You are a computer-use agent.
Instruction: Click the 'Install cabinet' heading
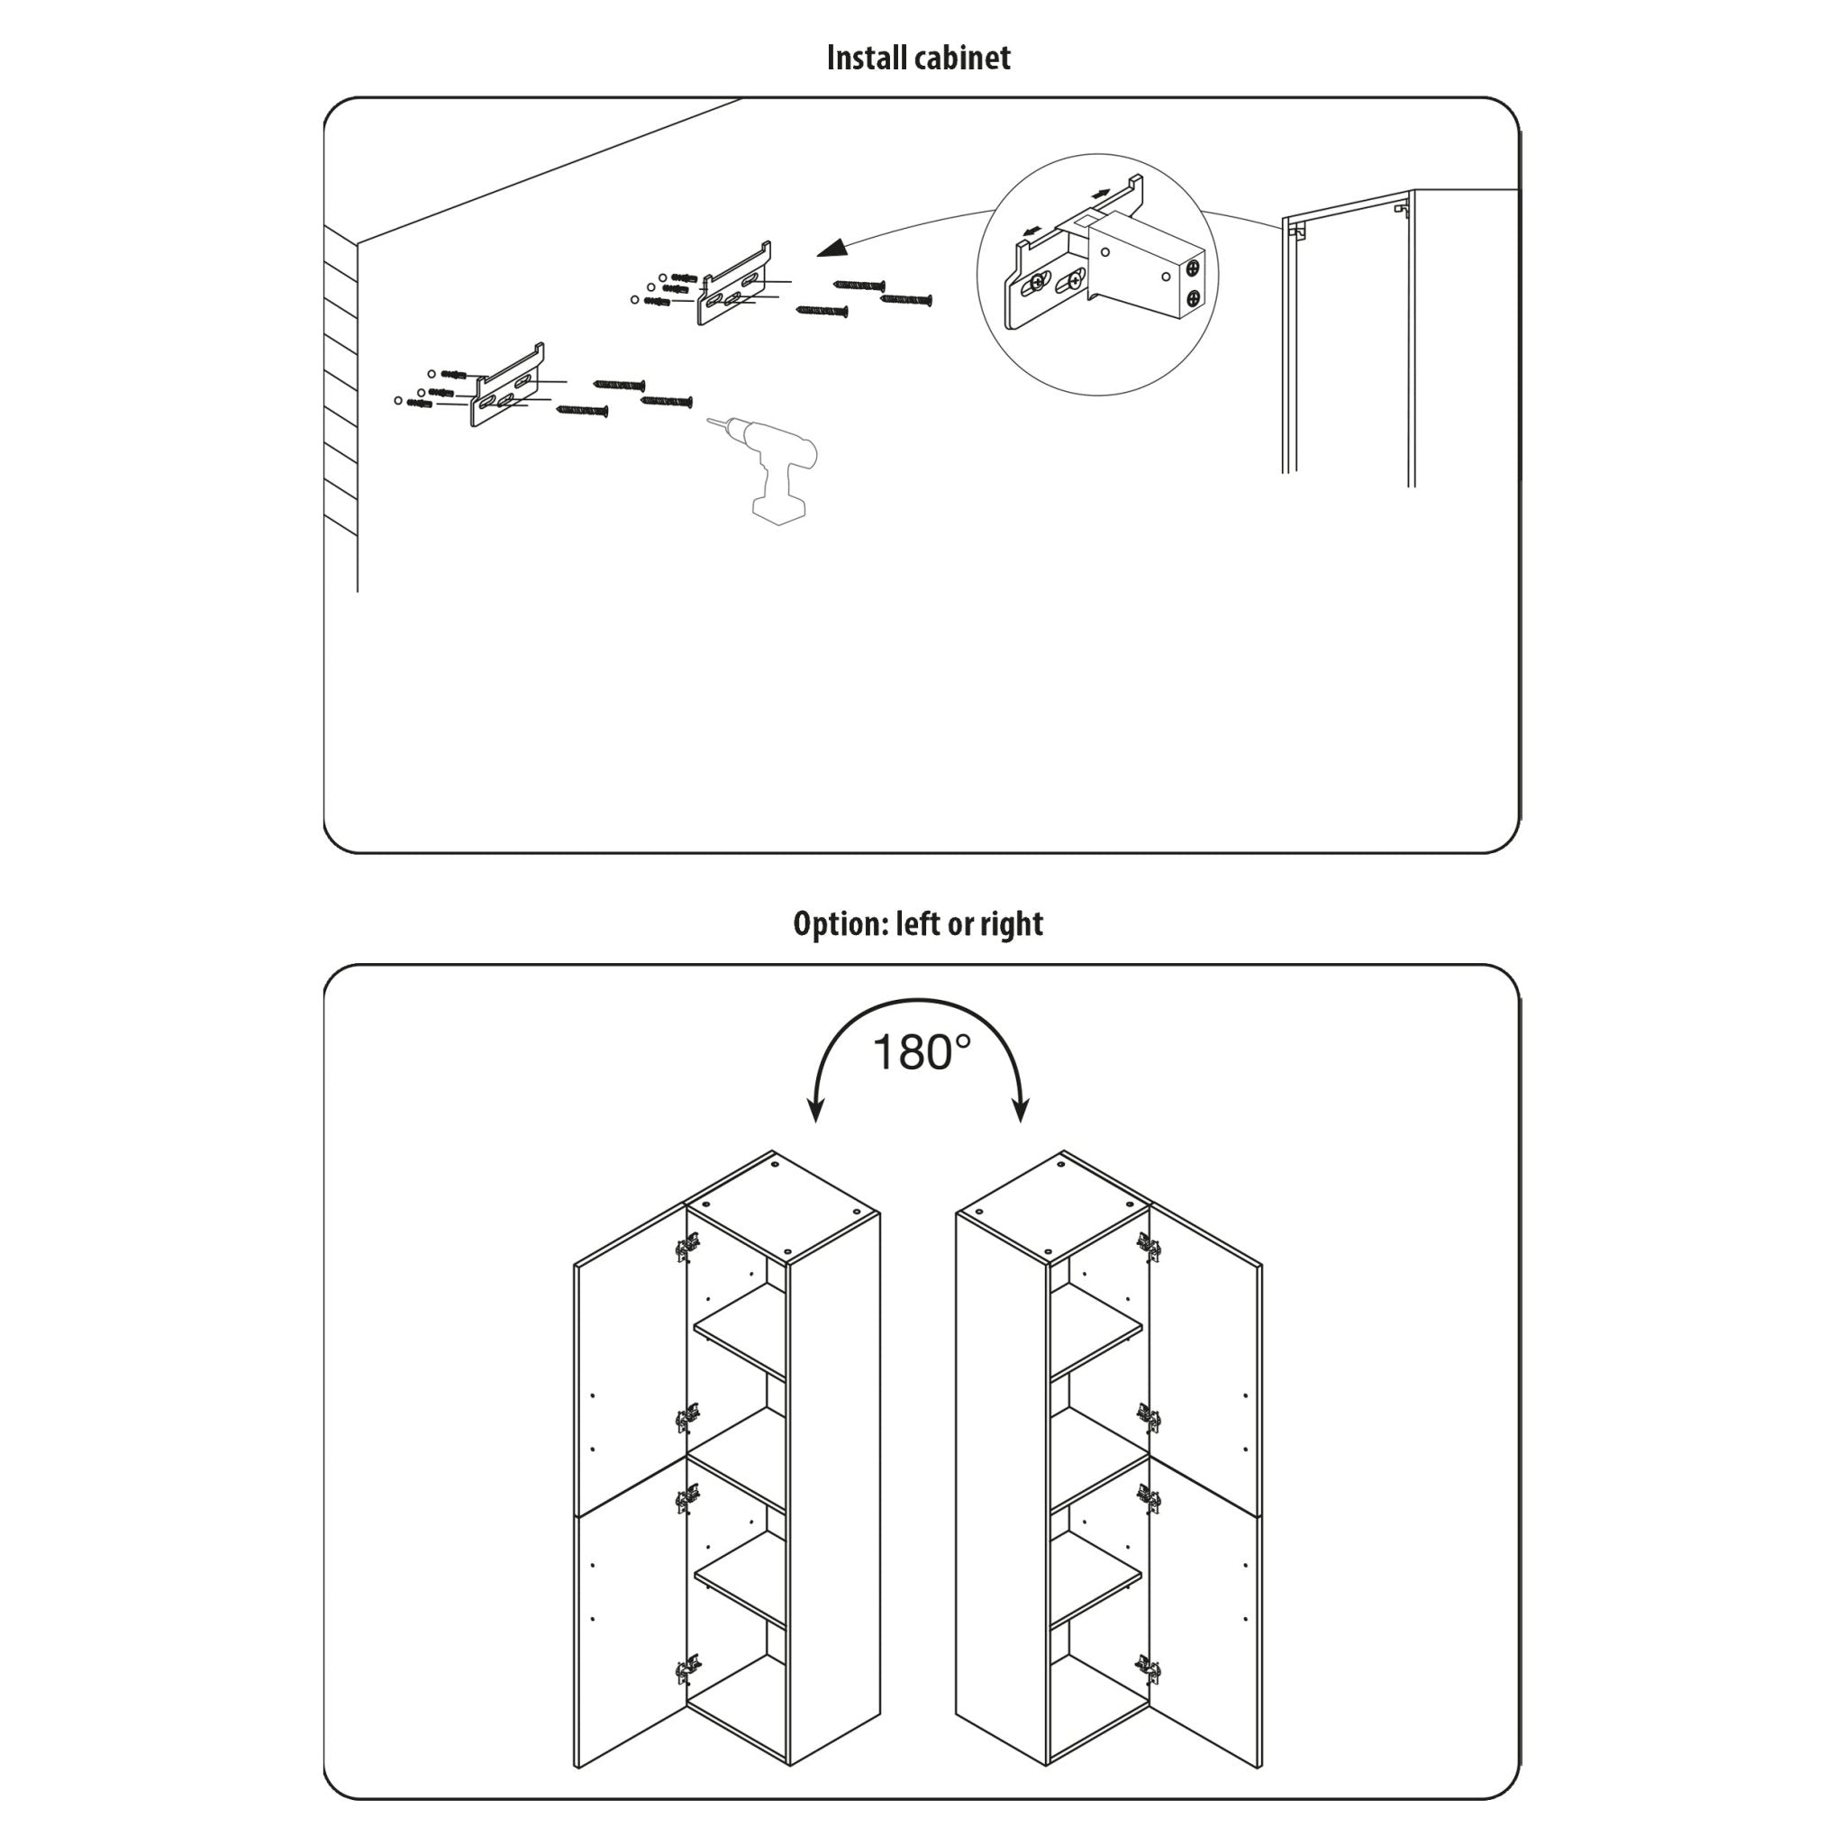pos(918,59)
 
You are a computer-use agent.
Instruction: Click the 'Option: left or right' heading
pos(918,923)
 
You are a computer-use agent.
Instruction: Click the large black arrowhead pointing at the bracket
pos(832,249)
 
